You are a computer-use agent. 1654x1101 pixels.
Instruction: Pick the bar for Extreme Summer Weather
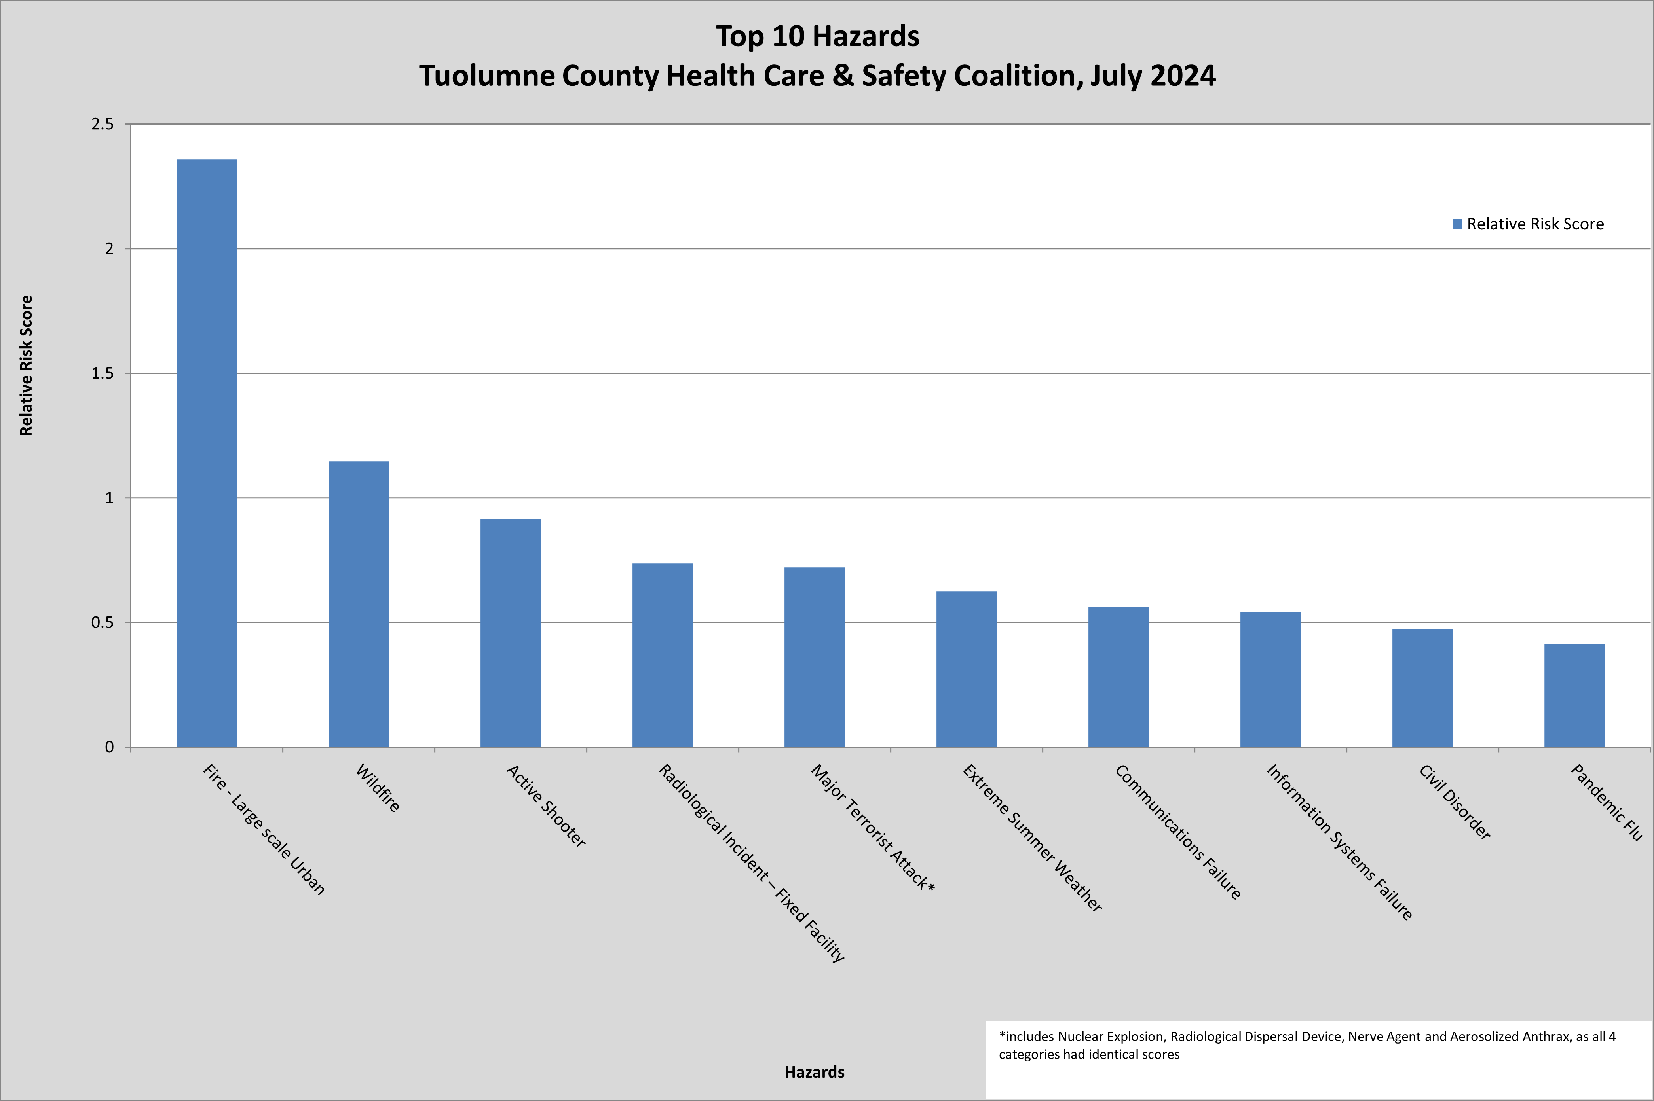967,669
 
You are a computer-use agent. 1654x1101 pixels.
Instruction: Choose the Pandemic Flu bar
1574,695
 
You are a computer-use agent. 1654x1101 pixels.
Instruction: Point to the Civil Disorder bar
1422,688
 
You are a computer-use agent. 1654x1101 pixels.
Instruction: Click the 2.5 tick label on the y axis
103,124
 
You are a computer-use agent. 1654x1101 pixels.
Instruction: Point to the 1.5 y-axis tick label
103,373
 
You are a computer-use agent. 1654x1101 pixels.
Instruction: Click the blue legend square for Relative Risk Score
1457,224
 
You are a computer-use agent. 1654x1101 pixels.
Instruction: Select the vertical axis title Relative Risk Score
26,365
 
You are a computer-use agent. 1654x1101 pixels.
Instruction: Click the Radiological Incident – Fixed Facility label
752,863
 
